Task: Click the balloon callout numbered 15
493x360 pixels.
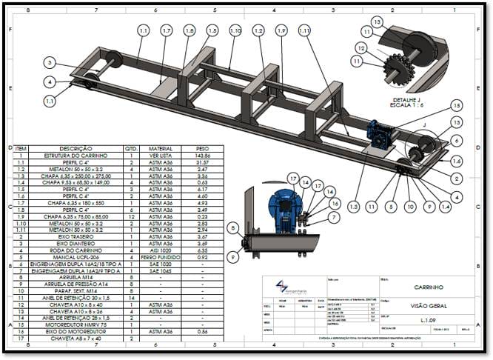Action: point(456,105)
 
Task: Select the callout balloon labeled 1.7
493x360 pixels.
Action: point(167,30)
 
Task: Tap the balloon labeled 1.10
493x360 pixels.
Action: point(235,30)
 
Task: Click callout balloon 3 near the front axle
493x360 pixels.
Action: point(49,62)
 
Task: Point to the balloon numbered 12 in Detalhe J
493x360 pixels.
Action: point(360,47)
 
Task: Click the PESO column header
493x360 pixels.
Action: point(202,147)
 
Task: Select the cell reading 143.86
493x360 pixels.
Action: point(202,156)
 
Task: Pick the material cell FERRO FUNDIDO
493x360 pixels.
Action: point(161,256)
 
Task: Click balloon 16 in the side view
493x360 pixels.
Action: point(335,202)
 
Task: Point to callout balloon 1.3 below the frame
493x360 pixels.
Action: point(354,206)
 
